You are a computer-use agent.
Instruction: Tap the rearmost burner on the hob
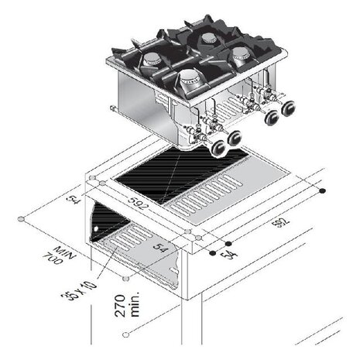point(208,38)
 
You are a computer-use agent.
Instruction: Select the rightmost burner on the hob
point(242,53)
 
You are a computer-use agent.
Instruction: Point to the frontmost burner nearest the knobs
point(187,77)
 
